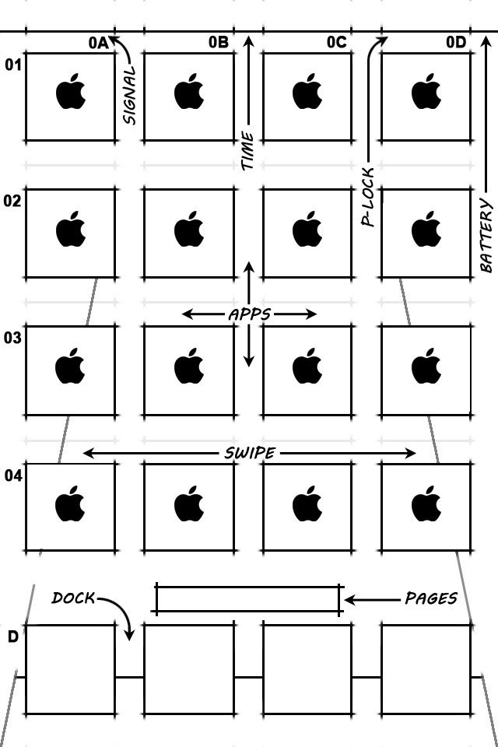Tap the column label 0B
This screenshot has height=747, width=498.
point(218,43)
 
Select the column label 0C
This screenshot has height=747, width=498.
point(336,43)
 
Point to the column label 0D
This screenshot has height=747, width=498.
point(456,43)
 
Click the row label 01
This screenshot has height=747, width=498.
point(13,65)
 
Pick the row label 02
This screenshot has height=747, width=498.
point(13,201)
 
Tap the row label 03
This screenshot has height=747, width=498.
point(13,338)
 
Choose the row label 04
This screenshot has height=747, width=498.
point(13,475)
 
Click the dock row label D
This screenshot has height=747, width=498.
point(13,637)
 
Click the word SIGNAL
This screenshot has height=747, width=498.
point(129,95)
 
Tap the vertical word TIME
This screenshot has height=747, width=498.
point(247,151)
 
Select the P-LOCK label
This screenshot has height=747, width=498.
point(368,197)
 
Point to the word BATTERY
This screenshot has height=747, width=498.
point(486,235)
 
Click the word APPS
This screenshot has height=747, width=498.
point(249,314)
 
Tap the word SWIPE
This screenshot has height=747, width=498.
point(249,453)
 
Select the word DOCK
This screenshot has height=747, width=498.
point(73,598)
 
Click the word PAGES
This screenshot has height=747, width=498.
point(430,598)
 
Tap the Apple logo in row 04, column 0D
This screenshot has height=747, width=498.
point(426,504)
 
